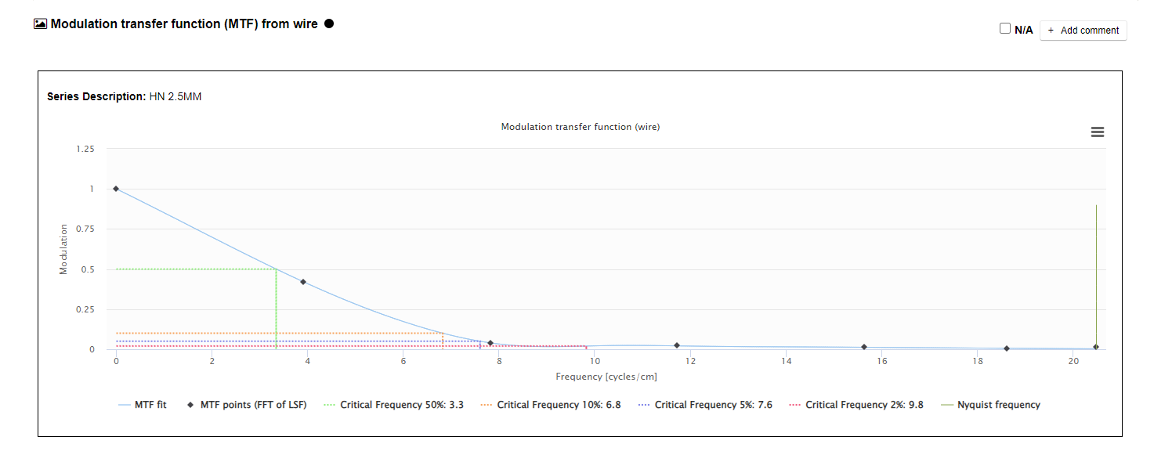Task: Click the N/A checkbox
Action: click(x=1005, y=29)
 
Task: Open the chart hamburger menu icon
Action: click(x=1097, y=132)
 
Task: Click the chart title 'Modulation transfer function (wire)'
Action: click(x=580, y=127)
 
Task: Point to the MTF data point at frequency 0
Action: click(x=116, y=189)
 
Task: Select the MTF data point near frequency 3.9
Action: click(x=303, y=282)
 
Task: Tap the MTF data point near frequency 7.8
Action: click(x=490, y=343)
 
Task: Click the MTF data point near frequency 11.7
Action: click(x=677, y=345)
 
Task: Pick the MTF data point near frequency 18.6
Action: click(x=1007, y=348)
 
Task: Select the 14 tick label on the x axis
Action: click(x=787, y=361)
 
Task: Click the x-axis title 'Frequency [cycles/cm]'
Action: click(x=606, y=377)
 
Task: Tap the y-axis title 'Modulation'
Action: click(x=63, y=250)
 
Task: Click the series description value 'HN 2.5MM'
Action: click(x=175, y=96)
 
